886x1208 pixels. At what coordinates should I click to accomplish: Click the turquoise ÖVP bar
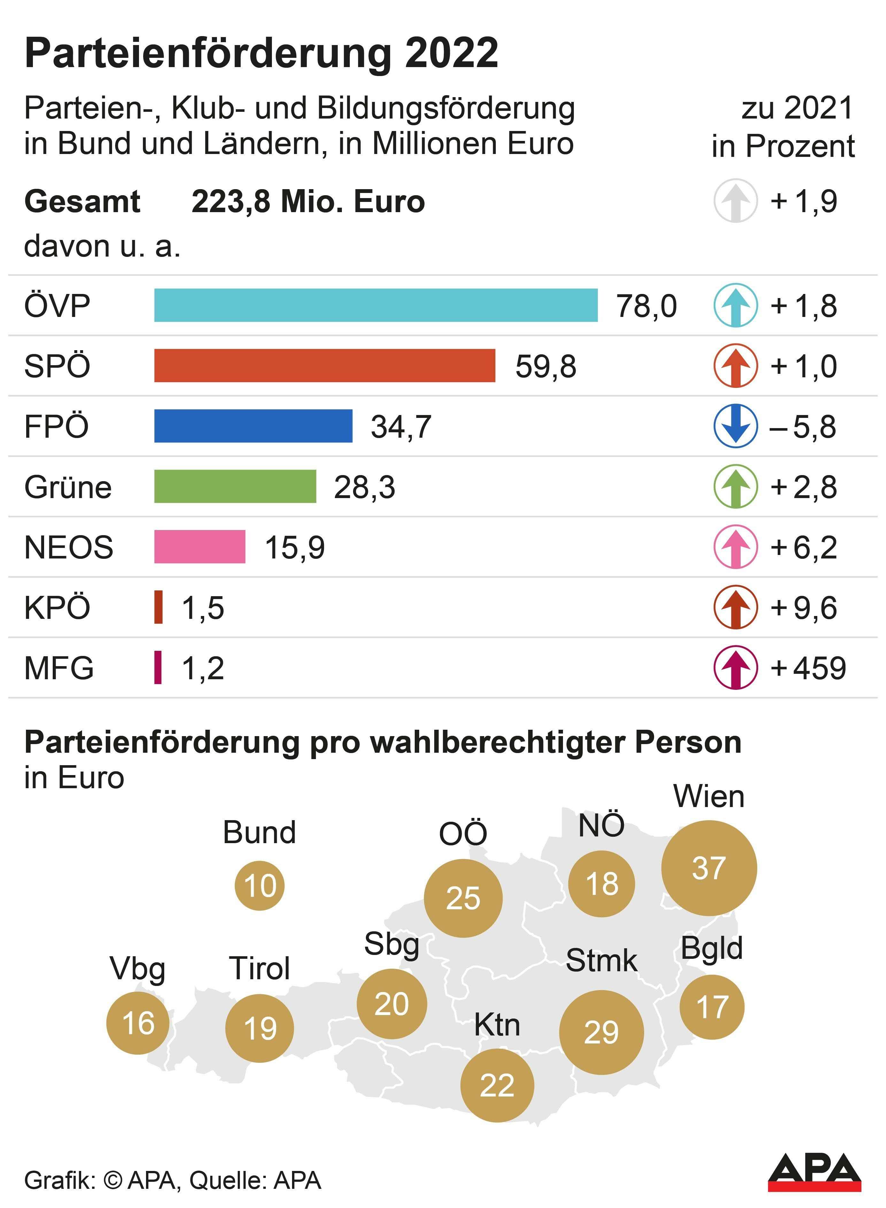click(x=375, y=305)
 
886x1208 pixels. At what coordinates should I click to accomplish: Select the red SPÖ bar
click(x=325, y=366)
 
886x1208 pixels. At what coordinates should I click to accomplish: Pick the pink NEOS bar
click(x=199, y=547)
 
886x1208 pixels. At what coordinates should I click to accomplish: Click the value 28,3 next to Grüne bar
click(x=364, y=487)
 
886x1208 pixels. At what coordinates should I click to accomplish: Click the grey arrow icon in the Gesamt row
click(x=735, y=201)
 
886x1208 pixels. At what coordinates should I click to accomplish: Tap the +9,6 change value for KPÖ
click(x=803, y=607)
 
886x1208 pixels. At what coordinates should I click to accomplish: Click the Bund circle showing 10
click(x=259, y=885)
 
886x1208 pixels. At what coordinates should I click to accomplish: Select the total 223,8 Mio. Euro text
click(x=308, y=202)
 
